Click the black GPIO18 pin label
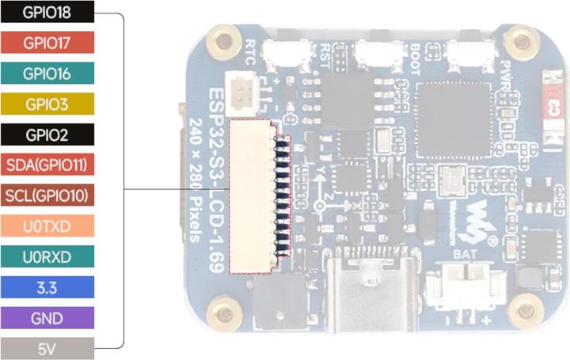(47, 13)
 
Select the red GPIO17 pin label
(47, 43)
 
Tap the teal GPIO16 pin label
(47, 74)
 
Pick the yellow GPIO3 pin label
(47, 104)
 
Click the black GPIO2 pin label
(47, 134)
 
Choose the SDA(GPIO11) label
(47, 165)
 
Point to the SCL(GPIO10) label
(47, 195)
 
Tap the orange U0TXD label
(47, 225)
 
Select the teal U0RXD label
(47, 256)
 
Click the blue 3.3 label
(47, 286)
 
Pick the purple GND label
(47, 316)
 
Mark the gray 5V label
(47, 347)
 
